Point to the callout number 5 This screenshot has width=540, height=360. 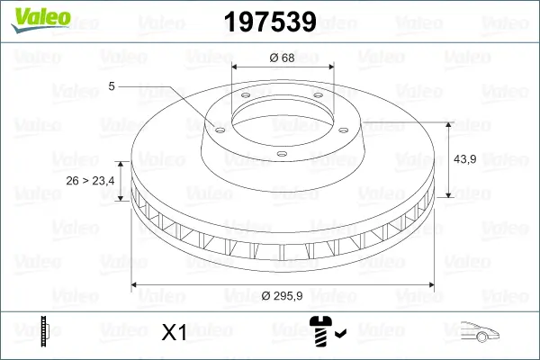point(112,86)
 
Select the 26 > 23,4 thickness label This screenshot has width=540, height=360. point(90,180)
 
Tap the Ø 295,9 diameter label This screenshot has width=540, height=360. point(283,296)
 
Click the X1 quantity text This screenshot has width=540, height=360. point(173,333)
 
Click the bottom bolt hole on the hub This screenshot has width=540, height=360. point(281,154)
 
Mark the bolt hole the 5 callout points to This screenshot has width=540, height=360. point(216,128)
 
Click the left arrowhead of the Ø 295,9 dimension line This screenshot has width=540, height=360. point(136,285)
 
